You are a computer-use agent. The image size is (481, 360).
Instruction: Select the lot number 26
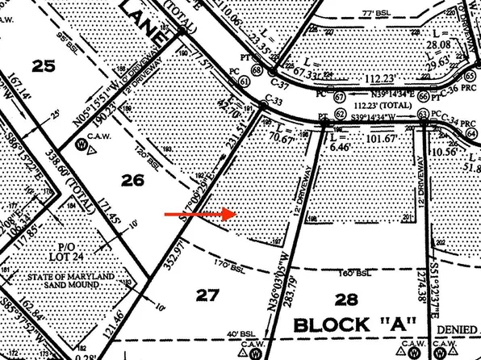coord(134,180)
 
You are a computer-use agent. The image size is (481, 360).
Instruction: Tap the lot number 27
coord(207,295)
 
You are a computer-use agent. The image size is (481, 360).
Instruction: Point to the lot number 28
coord(345,299)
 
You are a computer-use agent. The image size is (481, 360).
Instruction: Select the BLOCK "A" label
coord(354,325)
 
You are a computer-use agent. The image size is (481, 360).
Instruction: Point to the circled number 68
coord(257,71)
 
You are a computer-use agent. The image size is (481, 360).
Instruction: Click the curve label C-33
coord(272,102)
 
